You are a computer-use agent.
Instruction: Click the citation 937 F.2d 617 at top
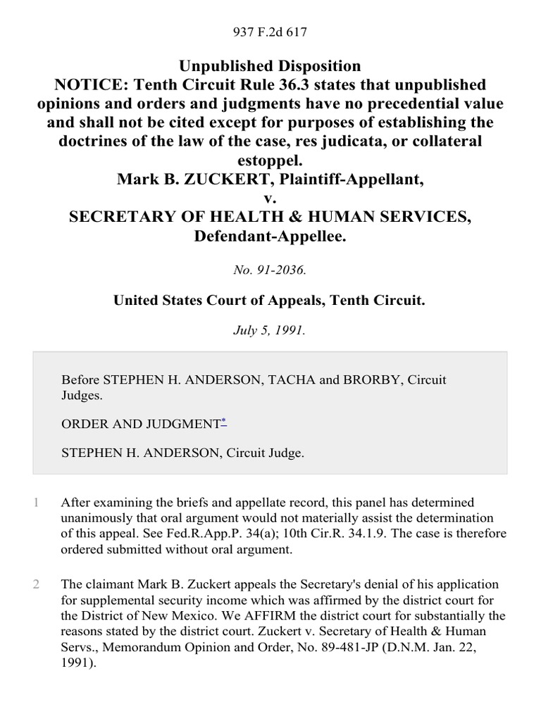pos(270,32)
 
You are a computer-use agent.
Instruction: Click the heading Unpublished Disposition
pos(270,66)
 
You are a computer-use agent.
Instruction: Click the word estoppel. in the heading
pos(270,160)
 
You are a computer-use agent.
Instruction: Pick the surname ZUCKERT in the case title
pos(211,179)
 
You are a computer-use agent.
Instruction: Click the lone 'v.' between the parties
pos(270,198)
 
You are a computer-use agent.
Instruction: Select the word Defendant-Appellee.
pos(270,236)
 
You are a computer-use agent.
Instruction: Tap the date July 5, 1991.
pos(270,331)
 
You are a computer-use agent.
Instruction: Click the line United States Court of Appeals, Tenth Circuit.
pos(270,300)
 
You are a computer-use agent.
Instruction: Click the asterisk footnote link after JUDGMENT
pos(224,422)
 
